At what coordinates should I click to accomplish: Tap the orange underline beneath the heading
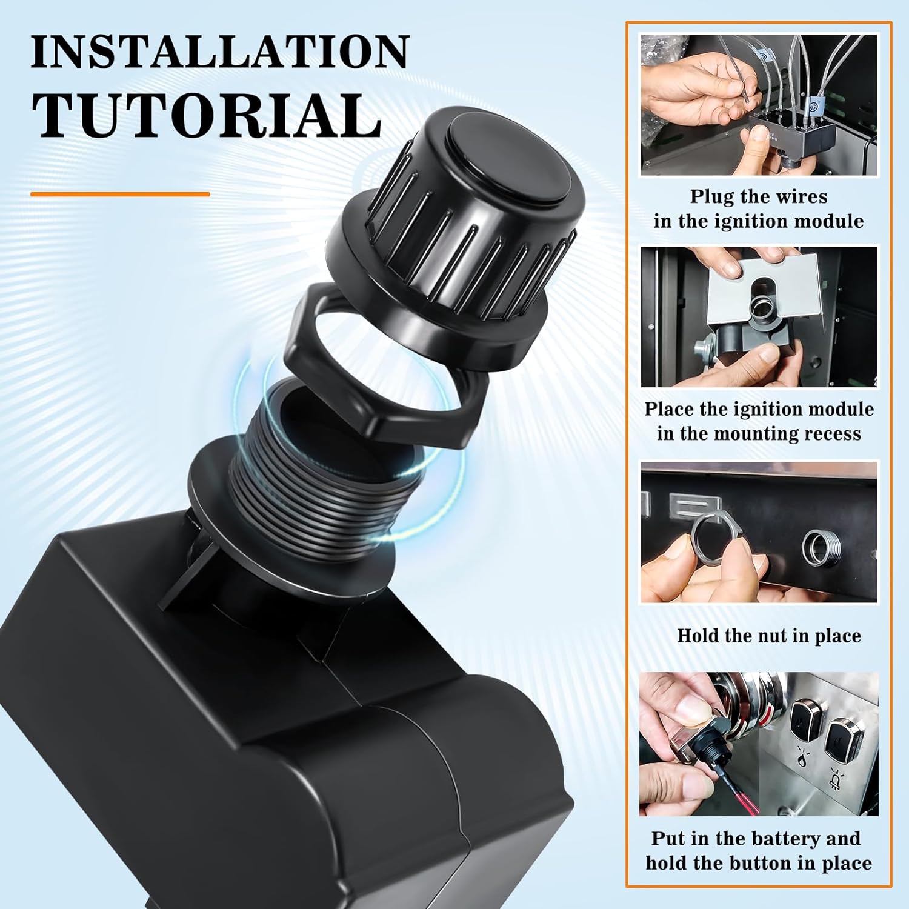pyautogui.click(x=120, y=195)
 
